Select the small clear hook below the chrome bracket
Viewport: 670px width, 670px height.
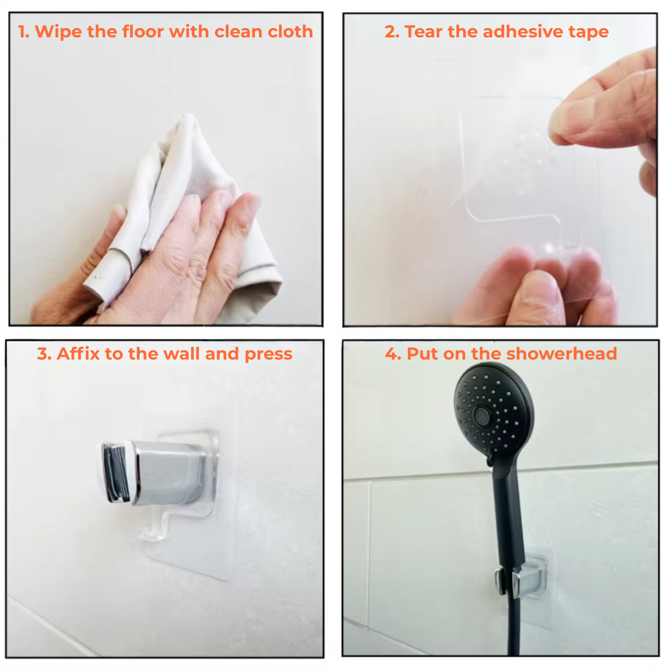pos(154,528)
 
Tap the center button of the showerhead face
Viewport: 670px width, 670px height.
pos(481,414)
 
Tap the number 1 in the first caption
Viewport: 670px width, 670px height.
pos(23,32)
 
